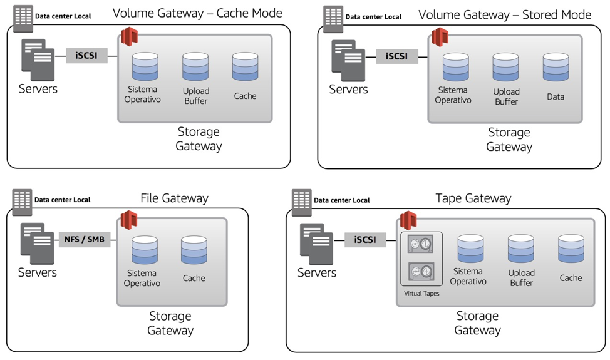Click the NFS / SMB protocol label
[85, 240]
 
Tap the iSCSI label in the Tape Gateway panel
[365, 240]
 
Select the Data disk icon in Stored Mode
[556, 67]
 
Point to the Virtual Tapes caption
[421, 294]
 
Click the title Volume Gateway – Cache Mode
[198, 13]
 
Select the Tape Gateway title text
[473, 198]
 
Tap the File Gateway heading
[174, 198]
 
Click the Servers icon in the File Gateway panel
[38, 244]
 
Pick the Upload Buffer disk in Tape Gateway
[521, 249]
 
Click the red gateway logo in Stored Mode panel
[440, 37]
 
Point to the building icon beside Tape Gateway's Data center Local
[301, 203]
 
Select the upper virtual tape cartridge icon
[420, 244]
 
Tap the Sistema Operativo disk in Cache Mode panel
[145, 66]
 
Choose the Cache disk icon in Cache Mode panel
[245, 66]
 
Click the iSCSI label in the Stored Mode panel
[397, 56]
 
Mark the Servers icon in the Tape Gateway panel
[317, 244]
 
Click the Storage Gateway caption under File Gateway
[170, 323]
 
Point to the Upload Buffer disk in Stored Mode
[506, 67]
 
